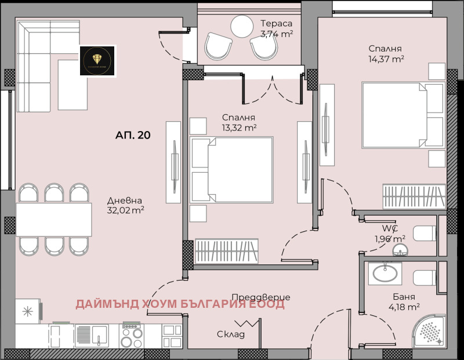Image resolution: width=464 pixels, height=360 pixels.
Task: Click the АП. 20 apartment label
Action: point(133,136)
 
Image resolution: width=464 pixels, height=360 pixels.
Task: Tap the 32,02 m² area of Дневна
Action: point(126,211)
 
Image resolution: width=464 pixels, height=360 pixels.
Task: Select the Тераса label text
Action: point(276,24)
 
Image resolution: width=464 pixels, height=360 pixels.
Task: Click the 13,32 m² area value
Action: point(239,127)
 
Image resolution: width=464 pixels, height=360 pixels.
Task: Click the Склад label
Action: point(231,334)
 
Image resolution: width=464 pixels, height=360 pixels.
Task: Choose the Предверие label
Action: point(264,297)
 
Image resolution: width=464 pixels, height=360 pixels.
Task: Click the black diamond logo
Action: point(97,61)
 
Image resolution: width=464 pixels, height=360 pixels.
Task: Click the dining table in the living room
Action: point(53,220)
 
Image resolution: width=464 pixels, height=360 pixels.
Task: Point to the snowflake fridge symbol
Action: point(27,311)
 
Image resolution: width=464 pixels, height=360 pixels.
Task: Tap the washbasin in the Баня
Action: point(384,273)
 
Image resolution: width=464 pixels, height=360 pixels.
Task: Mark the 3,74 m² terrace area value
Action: point(277,34)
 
